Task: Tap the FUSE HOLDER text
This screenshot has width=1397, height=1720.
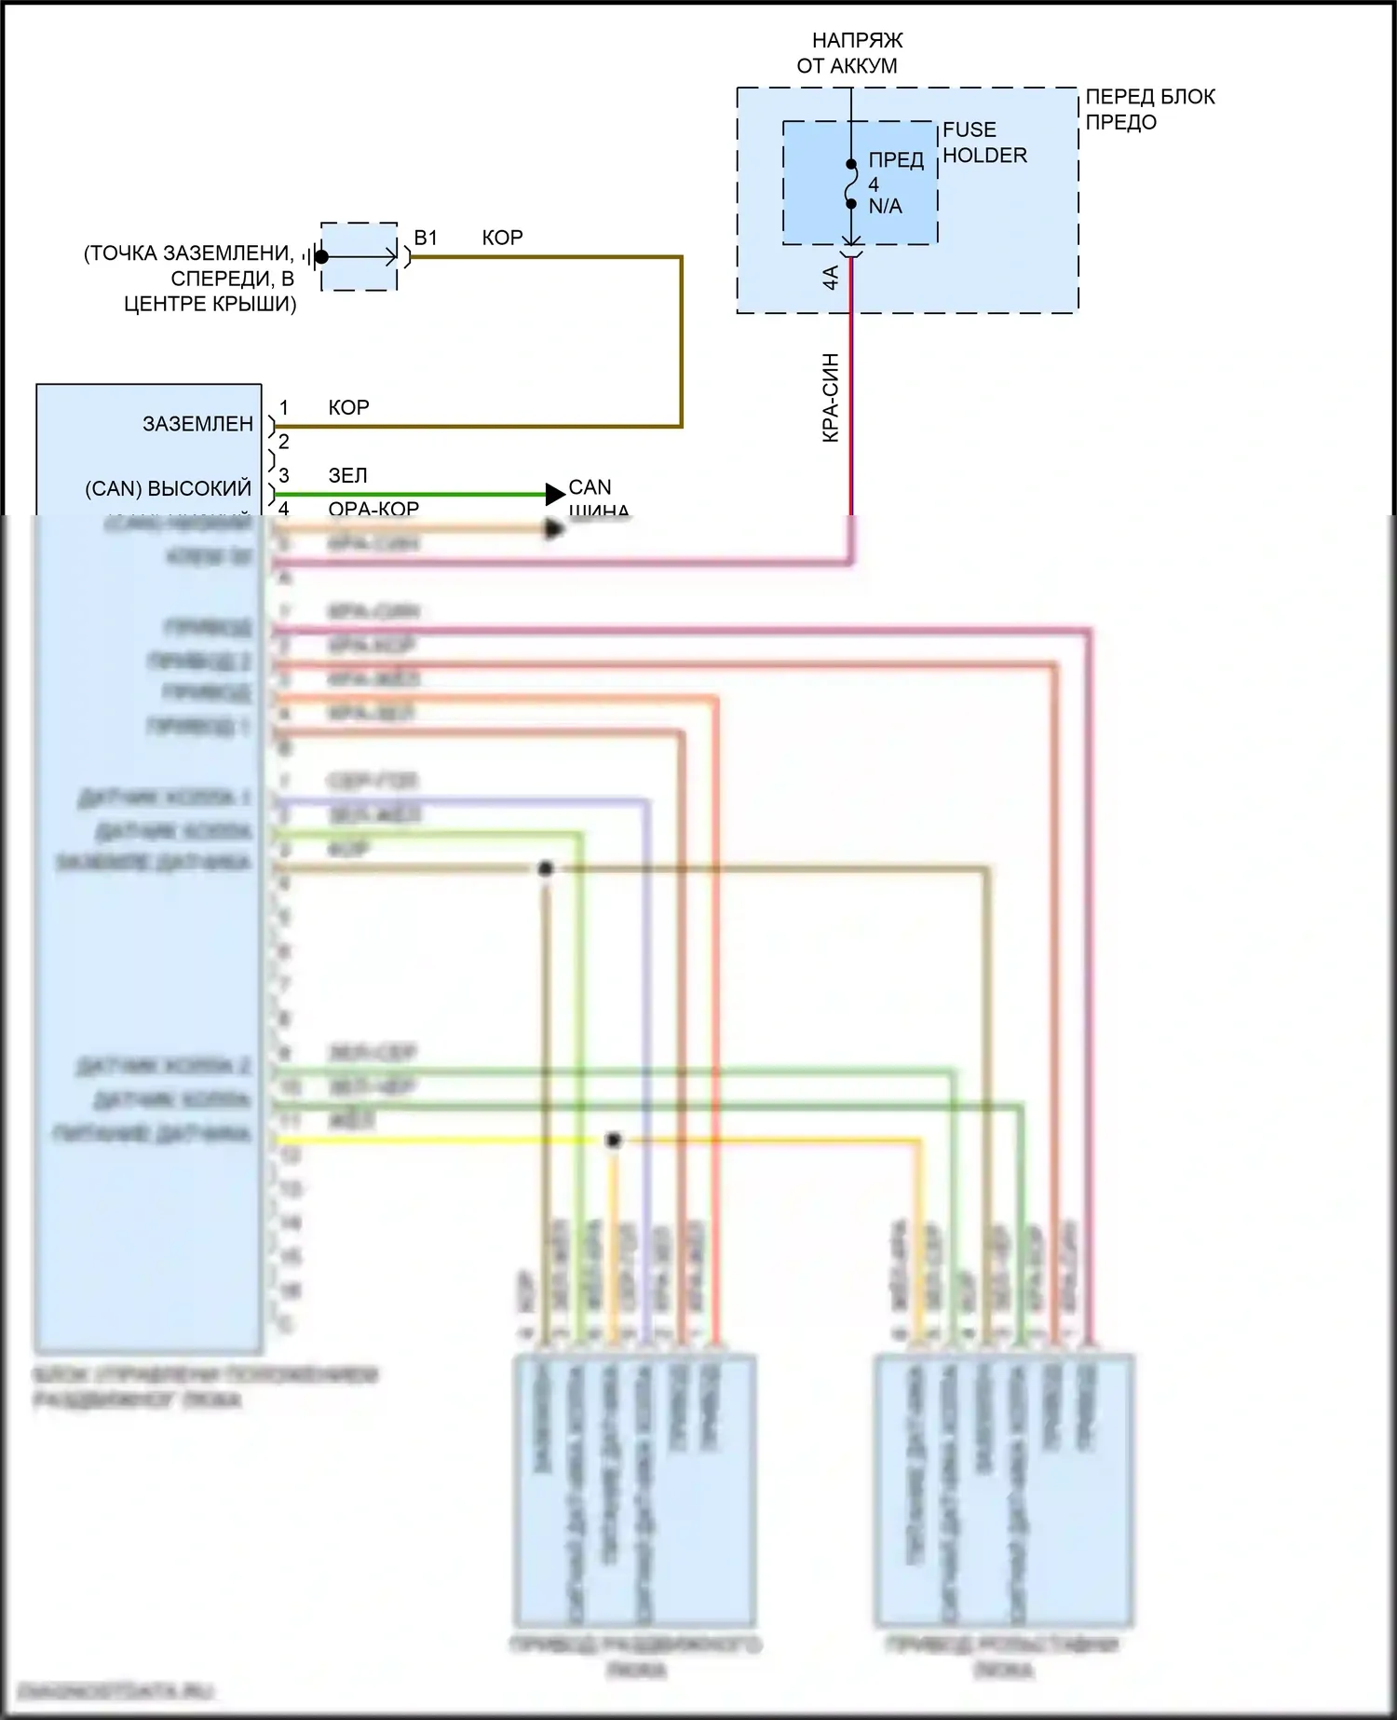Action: [984, 143]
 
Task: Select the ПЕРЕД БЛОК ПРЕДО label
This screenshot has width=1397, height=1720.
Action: [1150, 109]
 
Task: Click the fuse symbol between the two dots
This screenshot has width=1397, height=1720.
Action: [851, 184]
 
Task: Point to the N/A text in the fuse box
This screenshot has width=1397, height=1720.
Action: [885, 207]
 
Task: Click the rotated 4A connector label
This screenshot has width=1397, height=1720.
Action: [831, 277]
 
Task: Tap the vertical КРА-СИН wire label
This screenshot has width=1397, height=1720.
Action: [831, 398]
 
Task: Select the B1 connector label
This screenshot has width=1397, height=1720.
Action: [426, 239]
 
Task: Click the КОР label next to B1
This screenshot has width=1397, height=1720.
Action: [502, 239]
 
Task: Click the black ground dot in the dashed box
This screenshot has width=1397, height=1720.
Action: [321, 256]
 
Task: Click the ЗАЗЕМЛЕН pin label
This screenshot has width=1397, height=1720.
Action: [197, 424]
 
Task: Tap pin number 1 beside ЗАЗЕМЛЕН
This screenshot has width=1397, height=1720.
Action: [284, 408]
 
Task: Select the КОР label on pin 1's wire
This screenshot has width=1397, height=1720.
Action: [348, 408]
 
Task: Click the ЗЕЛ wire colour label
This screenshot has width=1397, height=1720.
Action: [347, 476]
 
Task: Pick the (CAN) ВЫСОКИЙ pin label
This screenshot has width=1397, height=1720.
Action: [169, 489]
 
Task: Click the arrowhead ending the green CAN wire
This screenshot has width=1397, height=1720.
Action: [555, 494]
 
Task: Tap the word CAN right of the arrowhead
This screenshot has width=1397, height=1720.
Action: [590, 487]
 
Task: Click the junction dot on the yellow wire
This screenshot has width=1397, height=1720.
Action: [613, 1140]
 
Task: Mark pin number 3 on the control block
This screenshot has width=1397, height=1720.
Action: [284, 476]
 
